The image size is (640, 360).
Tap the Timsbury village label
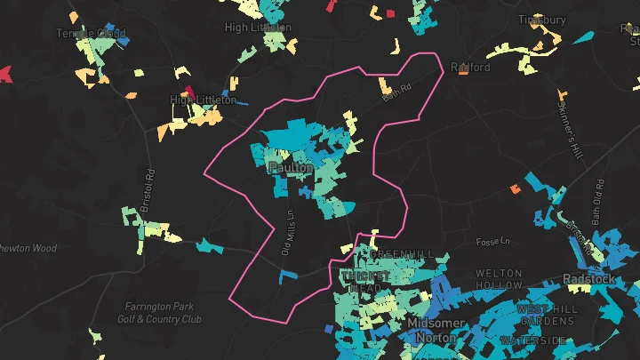[541, 20]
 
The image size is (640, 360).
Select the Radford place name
[470, 67]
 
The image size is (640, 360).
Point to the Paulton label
[290, 167]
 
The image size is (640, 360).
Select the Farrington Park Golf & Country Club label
[159, 313]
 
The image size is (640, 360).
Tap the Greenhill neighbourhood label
[403, 254]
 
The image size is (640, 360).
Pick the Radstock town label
[588, 278]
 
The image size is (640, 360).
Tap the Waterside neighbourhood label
[533, 340]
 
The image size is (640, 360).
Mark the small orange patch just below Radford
[463, 72]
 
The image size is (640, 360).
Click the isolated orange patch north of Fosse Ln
[515, 188]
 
